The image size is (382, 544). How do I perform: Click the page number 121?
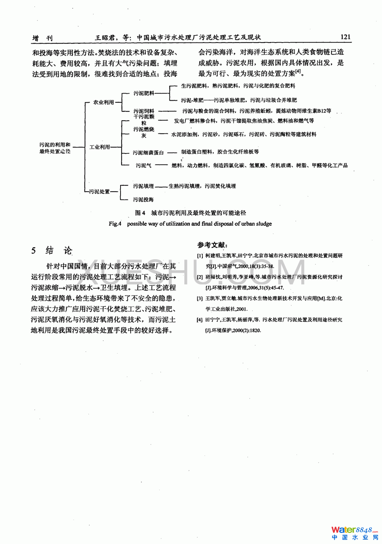[345, 37]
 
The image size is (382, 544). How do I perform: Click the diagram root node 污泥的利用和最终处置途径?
[55, 148]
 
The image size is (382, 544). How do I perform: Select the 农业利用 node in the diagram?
[103, 102]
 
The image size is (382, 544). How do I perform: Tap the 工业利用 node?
[100, 147]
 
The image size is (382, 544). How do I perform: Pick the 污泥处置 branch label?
[99, 192]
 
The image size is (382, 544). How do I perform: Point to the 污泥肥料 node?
[143, 93]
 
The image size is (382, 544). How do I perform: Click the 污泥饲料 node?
[144, 111]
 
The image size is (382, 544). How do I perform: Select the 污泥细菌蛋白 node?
[148, 153]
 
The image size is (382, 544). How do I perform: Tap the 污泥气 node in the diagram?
[143, 166]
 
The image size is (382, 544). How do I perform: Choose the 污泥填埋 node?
[143, 186]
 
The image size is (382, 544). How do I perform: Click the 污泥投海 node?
[143, 199]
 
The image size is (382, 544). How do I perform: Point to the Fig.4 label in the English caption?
[115, 224]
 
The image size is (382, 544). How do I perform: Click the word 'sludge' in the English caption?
[263, 224]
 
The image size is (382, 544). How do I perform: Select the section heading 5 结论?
[52, 251]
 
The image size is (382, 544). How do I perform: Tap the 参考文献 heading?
[212, 245]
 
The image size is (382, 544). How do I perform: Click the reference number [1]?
[200, 256]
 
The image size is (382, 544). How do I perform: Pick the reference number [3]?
[200, 299]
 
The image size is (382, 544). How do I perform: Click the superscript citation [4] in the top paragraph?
[298, 72]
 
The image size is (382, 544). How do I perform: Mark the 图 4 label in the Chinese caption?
[140, 213]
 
